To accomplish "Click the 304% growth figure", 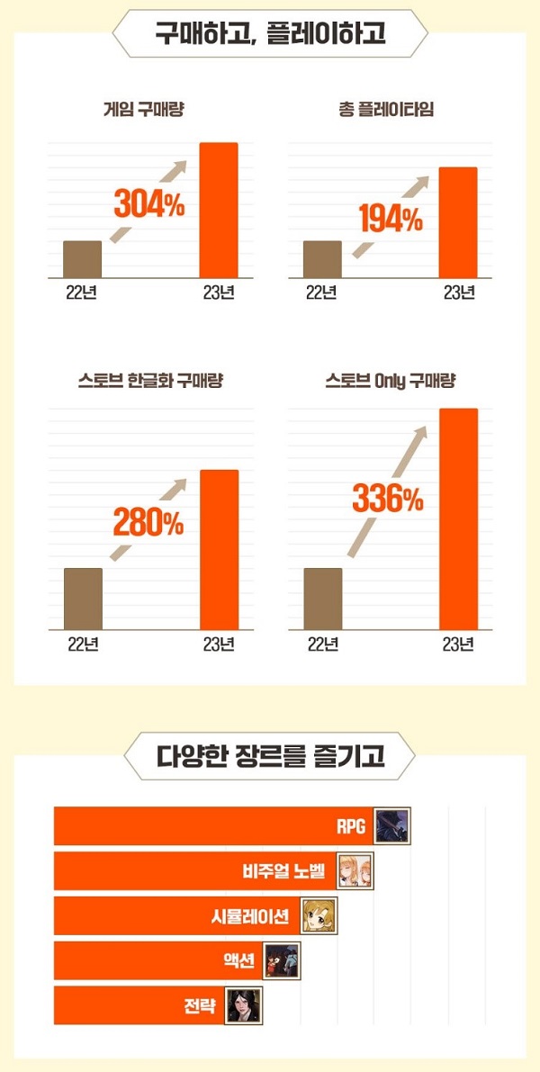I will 148,205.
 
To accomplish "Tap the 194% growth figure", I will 390,219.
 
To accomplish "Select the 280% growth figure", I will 148,522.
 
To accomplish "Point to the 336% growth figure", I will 388,498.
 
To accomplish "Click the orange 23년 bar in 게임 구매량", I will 218,211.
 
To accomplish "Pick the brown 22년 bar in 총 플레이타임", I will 322,259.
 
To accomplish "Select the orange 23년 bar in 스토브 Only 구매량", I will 458,518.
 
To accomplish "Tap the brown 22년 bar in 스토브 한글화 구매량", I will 83,599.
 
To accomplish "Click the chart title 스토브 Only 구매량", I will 391,381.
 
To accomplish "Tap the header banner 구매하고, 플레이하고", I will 270,34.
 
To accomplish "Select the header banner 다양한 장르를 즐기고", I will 270,756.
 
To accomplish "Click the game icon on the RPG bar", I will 391,825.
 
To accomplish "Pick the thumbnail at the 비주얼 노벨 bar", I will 355,870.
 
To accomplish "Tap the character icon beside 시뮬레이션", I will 318,915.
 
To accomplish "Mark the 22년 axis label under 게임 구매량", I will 82,293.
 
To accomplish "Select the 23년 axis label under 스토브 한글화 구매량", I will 219,644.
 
